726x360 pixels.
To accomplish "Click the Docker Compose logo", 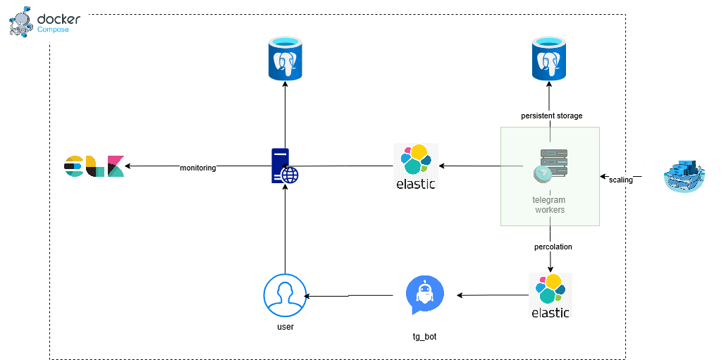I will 44,22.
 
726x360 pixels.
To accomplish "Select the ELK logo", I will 94,166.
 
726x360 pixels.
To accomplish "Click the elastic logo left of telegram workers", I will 416,166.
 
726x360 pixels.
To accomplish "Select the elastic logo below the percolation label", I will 550,296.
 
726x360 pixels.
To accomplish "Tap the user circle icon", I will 285,296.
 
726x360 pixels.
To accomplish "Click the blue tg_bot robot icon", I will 425,294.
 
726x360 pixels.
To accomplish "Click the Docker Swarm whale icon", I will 684,176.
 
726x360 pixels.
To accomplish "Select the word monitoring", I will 198,168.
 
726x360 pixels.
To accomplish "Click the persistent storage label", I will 551,116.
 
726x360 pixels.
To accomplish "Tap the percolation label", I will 553,247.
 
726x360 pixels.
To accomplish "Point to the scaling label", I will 620,180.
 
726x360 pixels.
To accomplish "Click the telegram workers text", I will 549,205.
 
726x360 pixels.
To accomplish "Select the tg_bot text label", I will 424,337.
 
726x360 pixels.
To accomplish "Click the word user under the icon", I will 284,327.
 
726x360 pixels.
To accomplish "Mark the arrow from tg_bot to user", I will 350,296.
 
